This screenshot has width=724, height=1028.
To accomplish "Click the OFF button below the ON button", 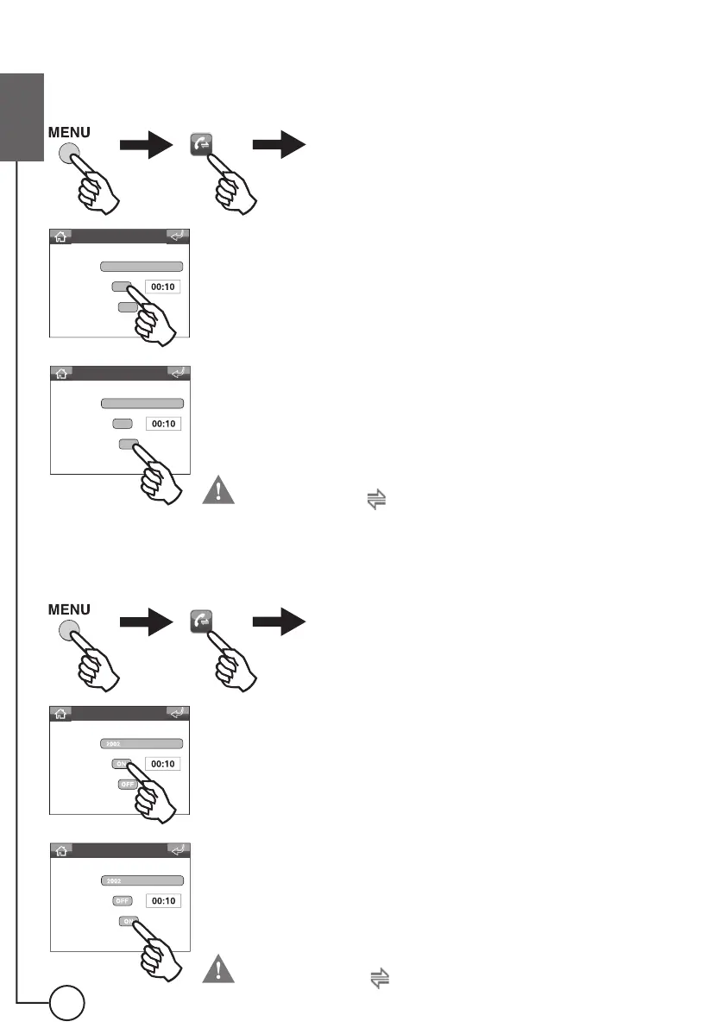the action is coord(127,785).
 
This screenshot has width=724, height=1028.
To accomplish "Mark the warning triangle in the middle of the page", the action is coord(220,491).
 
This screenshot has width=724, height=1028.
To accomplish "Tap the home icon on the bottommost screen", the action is coord(61,850).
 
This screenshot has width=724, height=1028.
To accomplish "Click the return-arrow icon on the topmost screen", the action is coord(179,236).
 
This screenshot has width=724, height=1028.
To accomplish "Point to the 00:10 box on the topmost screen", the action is coord(162,287).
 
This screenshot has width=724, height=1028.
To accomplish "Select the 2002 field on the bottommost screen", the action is coord(142,880).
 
